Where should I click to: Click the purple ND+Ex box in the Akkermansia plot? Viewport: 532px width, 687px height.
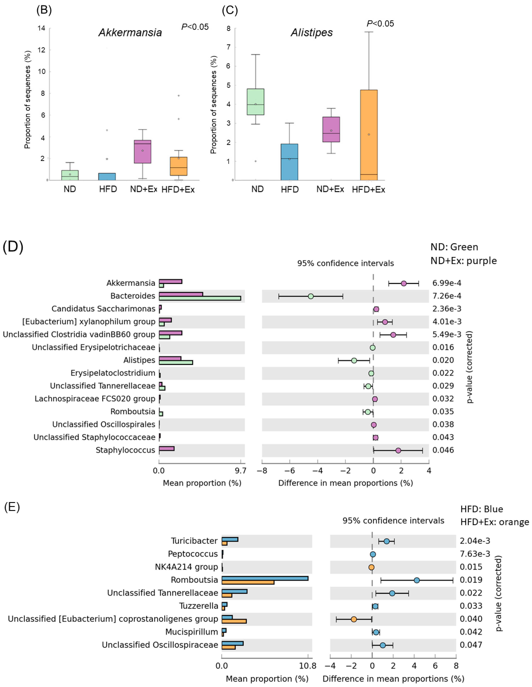click(143, 151)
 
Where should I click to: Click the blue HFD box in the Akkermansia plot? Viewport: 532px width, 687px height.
click(107, 176)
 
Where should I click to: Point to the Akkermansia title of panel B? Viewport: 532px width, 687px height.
click(130, 32)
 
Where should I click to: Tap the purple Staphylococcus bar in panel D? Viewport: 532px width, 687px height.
click(167, 448)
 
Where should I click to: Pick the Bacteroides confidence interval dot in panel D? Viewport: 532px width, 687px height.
click(311, 296)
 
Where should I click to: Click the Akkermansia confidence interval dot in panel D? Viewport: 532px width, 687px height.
click(404, 283)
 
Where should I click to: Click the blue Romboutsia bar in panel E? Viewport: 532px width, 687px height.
click(265, 578)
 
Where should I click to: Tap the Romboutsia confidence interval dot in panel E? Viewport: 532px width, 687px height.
click(417, 580)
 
